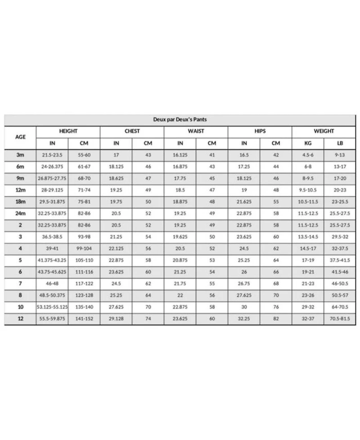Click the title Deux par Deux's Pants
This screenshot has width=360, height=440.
click(x=180, y=120)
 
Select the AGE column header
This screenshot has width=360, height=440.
click(x=20, y=137)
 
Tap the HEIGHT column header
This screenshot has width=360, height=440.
click(x=68, y=131)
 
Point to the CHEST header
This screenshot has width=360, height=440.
click(x=132, y=131)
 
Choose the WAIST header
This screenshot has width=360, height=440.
click(x=196, y=131)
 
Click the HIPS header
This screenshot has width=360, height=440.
click(x=260, y=131)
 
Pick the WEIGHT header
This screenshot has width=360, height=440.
click(x=324, y=131)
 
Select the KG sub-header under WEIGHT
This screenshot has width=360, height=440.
click(x=308, y=144)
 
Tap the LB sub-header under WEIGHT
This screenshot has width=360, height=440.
click(x=340, y=144)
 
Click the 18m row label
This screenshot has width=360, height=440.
click(x=20, y=202)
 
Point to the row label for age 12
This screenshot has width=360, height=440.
click(x=20, y=319)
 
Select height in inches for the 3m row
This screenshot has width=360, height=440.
click(x=52, y=155)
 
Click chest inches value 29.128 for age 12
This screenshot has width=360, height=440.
click(x=116, y=319)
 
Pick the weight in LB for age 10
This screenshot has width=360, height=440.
click(x=340, y=307)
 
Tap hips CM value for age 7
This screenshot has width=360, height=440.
click(x=276, y=283)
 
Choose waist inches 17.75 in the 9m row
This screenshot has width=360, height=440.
click(x=180, y=178)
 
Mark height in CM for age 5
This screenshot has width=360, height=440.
click(x=84, y=260)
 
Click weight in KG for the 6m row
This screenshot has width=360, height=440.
click(x=308, y=166)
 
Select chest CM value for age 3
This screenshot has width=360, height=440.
click(x=148, y=237)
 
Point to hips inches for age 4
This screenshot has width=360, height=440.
click(x=244, y=248)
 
